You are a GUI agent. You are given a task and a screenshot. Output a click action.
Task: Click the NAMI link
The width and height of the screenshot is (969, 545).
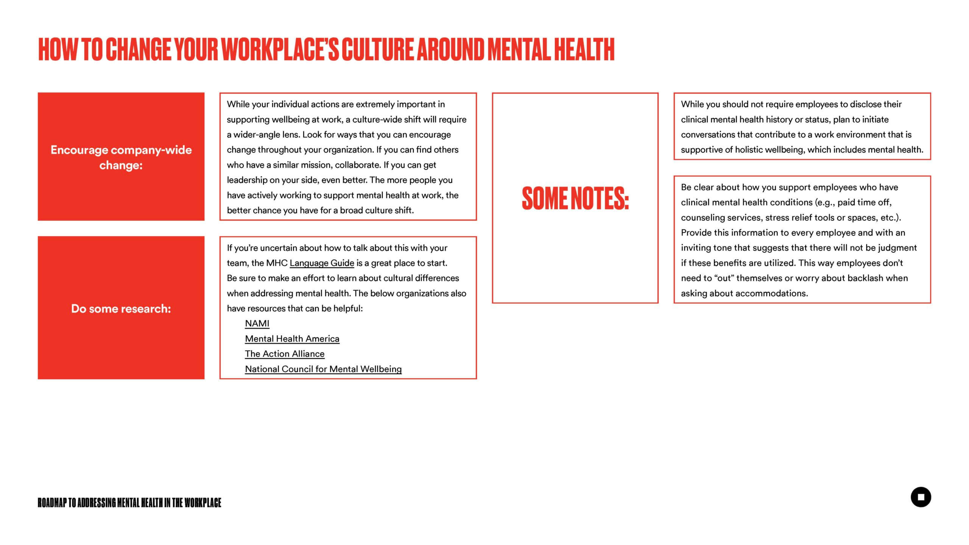(257, 324)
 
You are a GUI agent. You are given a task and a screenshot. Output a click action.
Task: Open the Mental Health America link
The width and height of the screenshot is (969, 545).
(292, 339)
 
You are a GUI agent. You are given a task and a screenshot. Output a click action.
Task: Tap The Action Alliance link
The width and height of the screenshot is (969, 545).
(285, 354)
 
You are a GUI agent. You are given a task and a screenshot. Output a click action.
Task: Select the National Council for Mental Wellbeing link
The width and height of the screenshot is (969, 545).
(323, 369)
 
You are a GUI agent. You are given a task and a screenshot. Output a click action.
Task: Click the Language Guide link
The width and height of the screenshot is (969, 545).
(322, 263)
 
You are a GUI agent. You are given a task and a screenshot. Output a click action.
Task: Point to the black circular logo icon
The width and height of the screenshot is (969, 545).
(921, 497)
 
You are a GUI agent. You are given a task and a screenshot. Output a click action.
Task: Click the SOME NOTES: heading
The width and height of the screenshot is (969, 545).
(575, 198)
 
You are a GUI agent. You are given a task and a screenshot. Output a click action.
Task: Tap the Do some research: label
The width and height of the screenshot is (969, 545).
(121, 308)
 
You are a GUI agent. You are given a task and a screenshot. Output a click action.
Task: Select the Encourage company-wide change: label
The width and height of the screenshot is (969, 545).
(121, 157)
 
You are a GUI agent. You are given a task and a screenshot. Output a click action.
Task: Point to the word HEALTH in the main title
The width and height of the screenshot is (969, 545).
(584, 49)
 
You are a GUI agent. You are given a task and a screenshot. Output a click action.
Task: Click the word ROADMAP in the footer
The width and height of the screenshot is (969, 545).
(52, 503)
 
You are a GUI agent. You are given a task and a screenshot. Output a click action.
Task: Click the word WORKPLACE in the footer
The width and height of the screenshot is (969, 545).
(203, 503)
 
